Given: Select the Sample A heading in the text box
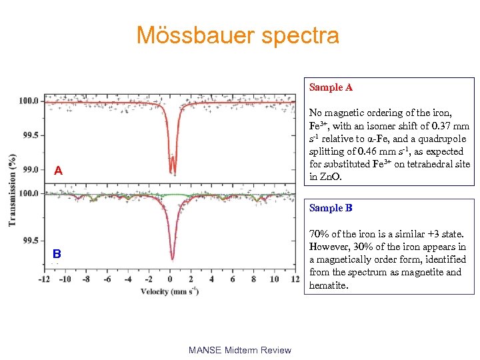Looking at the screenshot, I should [331, 87].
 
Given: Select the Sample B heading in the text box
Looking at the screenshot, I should [331, 208].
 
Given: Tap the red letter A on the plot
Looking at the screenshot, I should [59, 171].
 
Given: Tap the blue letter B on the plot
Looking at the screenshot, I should [57, 254].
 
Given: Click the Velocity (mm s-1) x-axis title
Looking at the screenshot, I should [171, 291].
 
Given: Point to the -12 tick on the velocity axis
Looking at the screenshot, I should [44, 279].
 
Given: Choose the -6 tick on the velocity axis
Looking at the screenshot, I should [107, 279].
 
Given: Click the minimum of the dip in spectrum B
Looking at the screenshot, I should [172, 259].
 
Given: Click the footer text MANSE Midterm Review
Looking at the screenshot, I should [239, 350].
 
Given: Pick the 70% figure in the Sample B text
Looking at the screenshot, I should [319, 234].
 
